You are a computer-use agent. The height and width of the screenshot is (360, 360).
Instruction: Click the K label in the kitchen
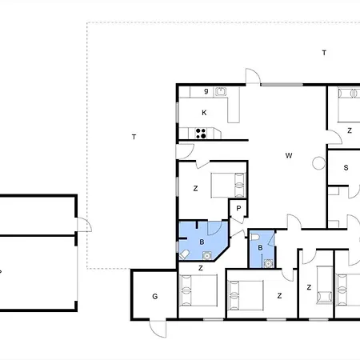tap(204, 113)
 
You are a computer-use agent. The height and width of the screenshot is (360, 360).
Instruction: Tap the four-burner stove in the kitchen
tap(201, 134)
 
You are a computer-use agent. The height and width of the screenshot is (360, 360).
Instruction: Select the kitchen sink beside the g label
tap(221, 91)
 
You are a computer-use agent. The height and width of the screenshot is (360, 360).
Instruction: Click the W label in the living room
tap(289, 155)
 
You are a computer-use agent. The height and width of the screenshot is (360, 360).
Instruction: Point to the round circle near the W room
tap(318, 163)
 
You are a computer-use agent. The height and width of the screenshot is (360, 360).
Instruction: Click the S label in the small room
tap(346, 168)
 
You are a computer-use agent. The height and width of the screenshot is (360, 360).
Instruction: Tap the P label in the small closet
tap(238, 208)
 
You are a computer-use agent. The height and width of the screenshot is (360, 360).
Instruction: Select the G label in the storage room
tap(155, 296)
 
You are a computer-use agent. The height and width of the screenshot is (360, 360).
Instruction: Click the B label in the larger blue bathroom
tap(202, 242)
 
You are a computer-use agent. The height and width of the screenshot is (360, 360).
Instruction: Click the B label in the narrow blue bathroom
tap(260, 248)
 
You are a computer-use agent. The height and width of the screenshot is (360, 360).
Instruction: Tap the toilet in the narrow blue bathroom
tap(255, 237)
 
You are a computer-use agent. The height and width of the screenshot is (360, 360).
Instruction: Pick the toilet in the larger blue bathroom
tap(184, 254)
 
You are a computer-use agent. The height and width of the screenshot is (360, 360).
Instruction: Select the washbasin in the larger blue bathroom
tap(207, 255)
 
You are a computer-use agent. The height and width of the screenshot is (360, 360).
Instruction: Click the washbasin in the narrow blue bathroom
tap(268, 263)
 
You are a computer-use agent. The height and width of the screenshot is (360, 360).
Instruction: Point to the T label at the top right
tap(324, 53)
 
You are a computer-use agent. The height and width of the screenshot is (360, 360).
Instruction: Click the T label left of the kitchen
tap(134, 137)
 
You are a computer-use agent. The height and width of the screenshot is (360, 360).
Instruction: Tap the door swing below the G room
tap(158, 329)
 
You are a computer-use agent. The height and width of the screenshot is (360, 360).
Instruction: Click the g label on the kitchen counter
tap(206, 91)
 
